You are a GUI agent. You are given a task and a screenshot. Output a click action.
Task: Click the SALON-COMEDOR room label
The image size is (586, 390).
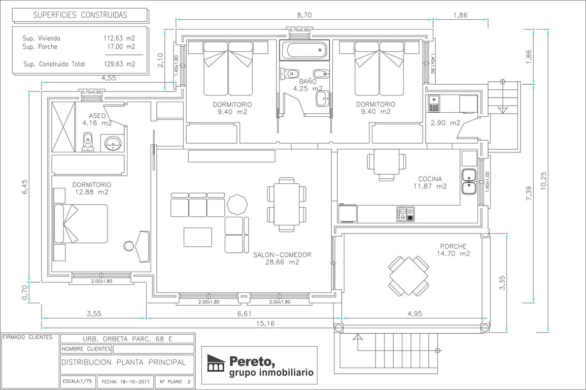282,255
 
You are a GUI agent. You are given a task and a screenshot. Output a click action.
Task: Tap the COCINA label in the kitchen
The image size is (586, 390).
430,179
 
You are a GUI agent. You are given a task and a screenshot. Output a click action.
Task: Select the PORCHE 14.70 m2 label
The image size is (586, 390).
454,250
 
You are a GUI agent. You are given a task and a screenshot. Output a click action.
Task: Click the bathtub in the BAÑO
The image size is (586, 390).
304,50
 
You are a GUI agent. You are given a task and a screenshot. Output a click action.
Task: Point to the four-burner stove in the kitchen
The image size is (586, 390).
405,214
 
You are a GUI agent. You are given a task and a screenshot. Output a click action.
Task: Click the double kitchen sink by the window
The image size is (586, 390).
468,182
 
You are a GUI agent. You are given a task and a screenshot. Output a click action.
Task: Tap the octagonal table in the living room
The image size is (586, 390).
237,205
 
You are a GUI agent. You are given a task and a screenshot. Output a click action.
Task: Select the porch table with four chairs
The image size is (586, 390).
408,276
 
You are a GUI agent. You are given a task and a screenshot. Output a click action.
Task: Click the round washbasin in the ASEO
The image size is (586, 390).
112,143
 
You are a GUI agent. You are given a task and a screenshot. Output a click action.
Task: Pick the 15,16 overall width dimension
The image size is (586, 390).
265,323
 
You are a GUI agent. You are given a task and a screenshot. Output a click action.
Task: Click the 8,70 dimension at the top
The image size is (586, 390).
304,15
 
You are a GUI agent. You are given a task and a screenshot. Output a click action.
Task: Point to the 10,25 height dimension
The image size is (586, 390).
543,181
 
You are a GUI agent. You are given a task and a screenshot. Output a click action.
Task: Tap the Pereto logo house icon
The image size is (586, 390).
216,363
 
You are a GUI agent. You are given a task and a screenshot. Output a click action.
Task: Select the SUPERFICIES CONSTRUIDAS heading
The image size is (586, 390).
80,15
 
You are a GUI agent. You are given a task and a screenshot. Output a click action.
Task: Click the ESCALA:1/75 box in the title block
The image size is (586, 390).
77,381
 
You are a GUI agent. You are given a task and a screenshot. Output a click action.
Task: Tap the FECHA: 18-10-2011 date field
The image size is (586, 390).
126,382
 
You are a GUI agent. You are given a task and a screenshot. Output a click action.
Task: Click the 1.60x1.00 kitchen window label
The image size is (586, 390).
488,182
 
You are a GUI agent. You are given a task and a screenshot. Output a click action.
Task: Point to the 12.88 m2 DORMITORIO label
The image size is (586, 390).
92,188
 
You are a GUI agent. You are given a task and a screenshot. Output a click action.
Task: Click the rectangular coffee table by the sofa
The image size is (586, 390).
198,237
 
